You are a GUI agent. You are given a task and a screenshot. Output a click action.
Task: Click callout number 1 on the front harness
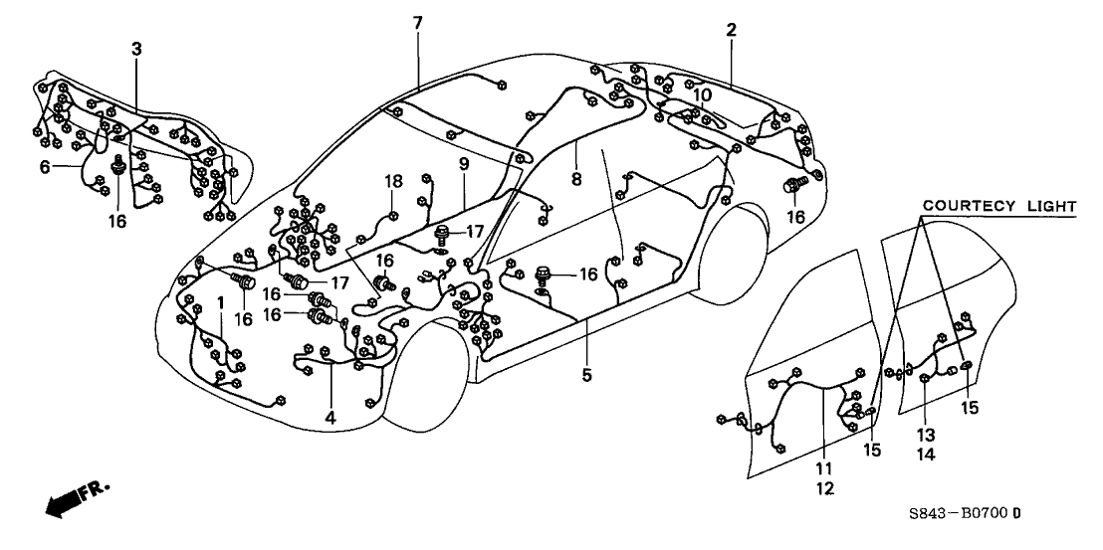click(221, 302)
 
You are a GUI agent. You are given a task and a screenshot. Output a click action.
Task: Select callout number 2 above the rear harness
click(731, 31)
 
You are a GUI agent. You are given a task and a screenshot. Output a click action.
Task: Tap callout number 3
click(136, 49)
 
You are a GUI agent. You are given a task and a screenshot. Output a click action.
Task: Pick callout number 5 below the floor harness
click(586, 375)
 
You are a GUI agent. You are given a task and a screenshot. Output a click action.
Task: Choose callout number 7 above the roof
click(418, 22)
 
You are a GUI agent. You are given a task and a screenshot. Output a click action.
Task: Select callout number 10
click(703, 94)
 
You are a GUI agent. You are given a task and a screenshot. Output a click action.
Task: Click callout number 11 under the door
click(824, 467)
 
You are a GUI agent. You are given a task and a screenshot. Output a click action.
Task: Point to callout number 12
click(824, 488)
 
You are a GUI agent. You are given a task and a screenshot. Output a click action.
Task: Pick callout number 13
click(927, 434)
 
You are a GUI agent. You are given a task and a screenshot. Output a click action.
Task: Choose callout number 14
click(927, 454)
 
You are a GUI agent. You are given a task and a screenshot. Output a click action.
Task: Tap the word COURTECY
click(964, 206)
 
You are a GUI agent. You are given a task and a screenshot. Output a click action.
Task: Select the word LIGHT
click(1051, 206)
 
